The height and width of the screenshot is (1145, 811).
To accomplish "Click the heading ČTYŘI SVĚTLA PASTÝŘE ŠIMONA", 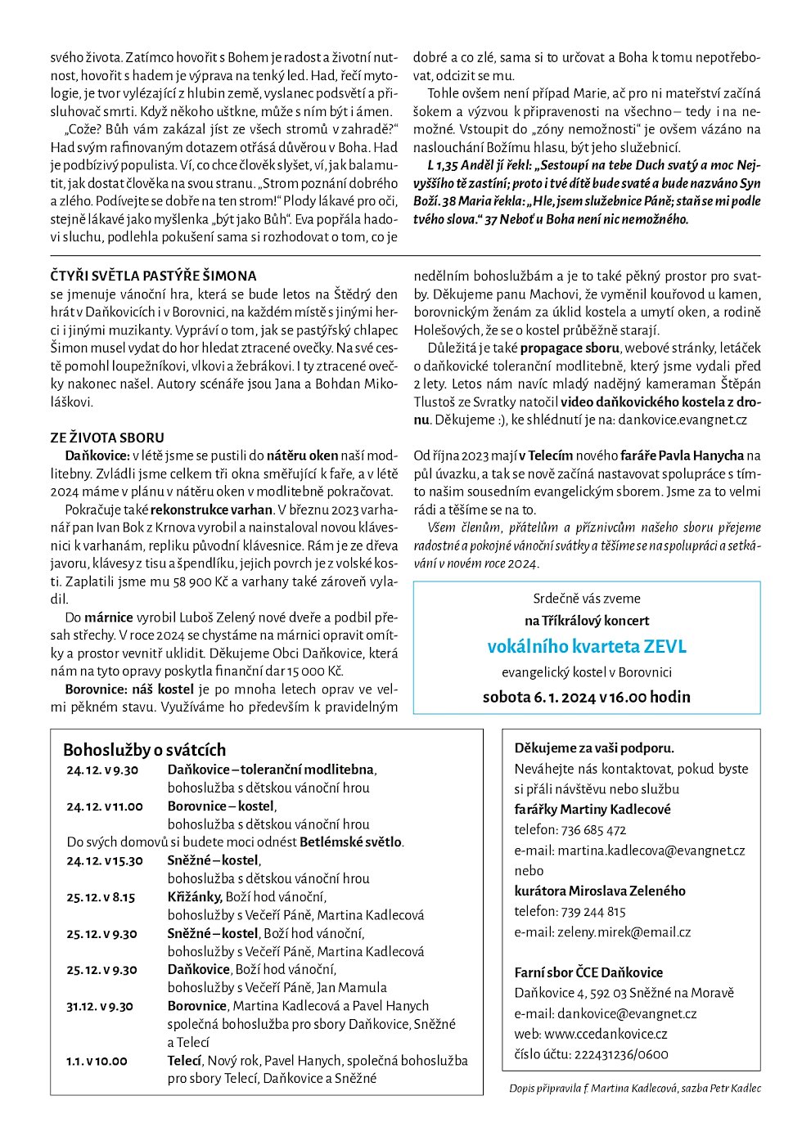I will (x=153, y=276).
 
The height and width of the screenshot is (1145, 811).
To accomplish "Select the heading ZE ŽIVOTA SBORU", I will (x=107, y=438).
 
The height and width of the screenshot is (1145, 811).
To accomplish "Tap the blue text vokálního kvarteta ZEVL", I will (x=587, y=647).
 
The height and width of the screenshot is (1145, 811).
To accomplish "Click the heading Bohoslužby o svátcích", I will (x=144, y=750).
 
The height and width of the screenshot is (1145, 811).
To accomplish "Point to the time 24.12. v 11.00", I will (x=105, y=806).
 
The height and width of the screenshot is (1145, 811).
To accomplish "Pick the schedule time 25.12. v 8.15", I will (x=101, y=897).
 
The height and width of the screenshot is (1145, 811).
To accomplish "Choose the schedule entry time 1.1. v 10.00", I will (x=97, y=1061).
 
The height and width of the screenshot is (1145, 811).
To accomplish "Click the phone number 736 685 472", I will (x=593, y=830).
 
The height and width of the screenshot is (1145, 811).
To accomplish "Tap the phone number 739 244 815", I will (x=593, y=911).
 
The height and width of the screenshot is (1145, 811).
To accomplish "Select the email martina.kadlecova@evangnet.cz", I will (x=651, y=851).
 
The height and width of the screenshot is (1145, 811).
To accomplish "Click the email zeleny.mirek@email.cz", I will (x=624, y=932).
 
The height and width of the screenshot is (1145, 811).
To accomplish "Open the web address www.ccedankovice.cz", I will (x=606, y=1034).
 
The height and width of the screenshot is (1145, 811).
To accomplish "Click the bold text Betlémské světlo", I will (x=351, y=842).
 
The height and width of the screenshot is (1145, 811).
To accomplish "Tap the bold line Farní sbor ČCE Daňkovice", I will (x=588, y=972).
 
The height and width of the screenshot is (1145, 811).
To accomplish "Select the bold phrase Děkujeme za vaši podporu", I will (x=594, y=748).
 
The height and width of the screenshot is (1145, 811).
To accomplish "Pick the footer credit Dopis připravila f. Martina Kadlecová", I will (x=585, y=1089).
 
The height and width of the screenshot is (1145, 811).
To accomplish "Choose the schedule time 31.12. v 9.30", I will (x=100, y=1006).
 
